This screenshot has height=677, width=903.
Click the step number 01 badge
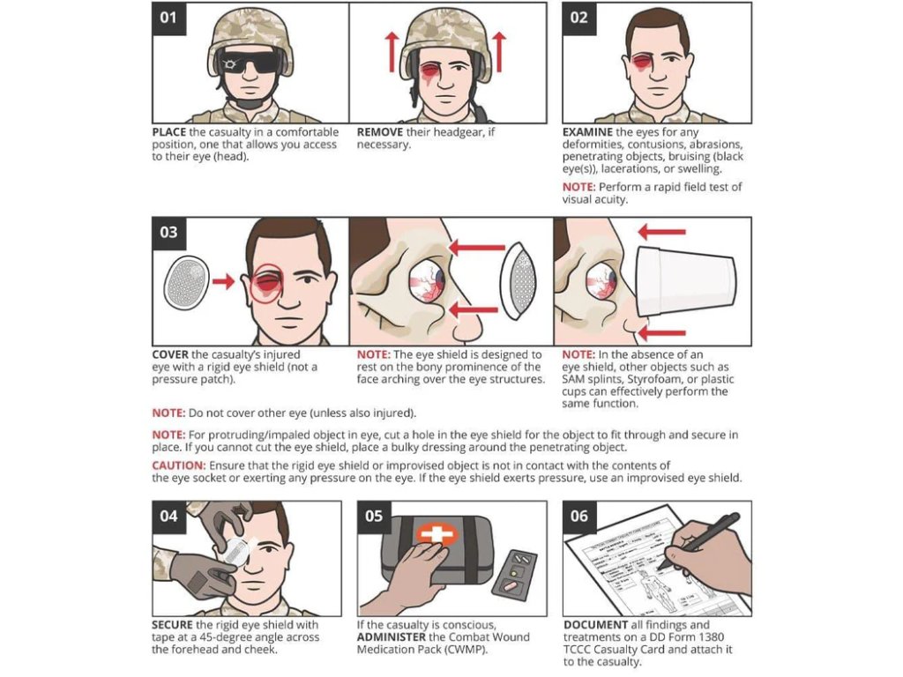(x=168, y=19)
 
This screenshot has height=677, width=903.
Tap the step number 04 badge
(x=168, y=517)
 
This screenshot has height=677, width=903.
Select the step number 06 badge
(x=579, y=517)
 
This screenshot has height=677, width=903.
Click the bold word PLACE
(x=168, y=132)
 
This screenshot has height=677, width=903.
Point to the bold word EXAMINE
(x=587, y=132)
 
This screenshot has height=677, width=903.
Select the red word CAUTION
(x=178, y=465)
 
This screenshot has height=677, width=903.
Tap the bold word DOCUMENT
(x=595, y=625)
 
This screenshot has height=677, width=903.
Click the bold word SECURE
(x=172, y=625)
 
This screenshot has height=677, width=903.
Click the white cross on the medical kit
(x=437, y=535)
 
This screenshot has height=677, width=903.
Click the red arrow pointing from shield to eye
(x=223, y=281)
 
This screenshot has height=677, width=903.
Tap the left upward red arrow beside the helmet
(x=392, y=52)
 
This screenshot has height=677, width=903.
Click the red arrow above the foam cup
(x=661, y=232)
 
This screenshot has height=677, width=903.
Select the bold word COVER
(x=170, y=355)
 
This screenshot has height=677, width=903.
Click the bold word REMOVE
(x=379, y=132)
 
